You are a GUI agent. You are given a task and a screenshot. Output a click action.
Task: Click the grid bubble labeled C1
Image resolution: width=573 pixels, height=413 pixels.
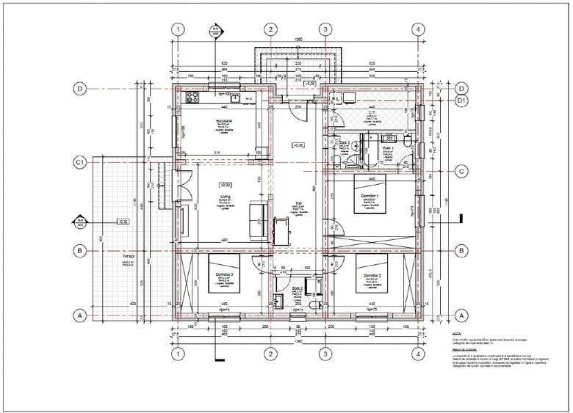click(x=82, y=161)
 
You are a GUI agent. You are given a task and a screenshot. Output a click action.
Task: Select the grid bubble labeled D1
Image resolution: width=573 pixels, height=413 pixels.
click(x=462, y=100)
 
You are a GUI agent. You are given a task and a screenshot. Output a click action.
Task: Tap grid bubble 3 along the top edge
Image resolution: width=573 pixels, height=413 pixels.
click(x=325, y=29)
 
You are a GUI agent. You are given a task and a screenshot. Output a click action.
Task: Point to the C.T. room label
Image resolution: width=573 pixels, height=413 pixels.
click(x=372, y=114)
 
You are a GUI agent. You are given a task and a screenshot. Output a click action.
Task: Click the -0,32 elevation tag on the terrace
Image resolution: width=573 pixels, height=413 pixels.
click(x=123, y=220)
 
